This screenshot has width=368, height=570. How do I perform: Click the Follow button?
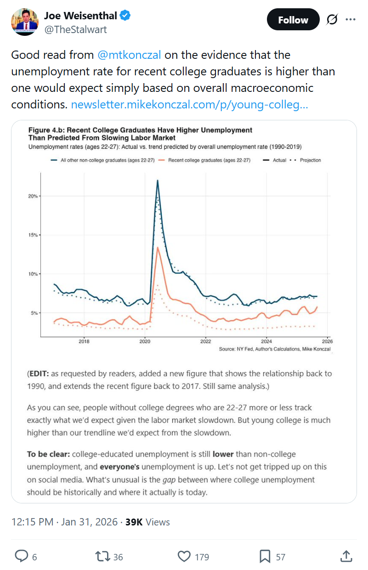pos(293,20)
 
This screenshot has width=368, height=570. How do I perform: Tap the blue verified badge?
pos(125,16)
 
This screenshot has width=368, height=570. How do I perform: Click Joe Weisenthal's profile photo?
pos(24,22)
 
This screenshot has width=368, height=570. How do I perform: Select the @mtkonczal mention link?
pos(129,55)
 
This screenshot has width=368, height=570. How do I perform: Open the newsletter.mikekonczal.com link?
pos(189,105)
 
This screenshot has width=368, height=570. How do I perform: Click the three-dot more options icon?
pos(351,20)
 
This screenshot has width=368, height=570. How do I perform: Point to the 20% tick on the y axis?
pos(33,196)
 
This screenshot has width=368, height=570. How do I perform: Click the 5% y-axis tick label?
pos(34,313)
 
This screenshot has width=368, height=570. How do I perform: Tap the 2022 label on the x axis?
pos(205,341)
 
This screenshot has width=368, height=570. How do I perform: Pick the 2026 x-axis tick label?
pos(327,341)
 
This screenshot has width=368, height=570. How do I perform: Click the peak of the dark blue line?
pos(158,181)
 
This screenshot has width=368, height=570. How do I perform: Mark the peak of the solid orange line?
pos(158,248)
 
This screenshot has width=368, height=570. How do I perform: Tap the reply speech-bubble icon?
pos(22,557)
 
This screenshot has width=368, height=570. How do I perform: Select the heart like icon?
pos(184,557)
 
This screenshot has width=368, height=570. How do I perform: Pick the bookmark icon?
pos(265,557)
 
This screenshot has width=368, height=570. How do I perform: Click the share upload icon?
pos(346,556)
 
